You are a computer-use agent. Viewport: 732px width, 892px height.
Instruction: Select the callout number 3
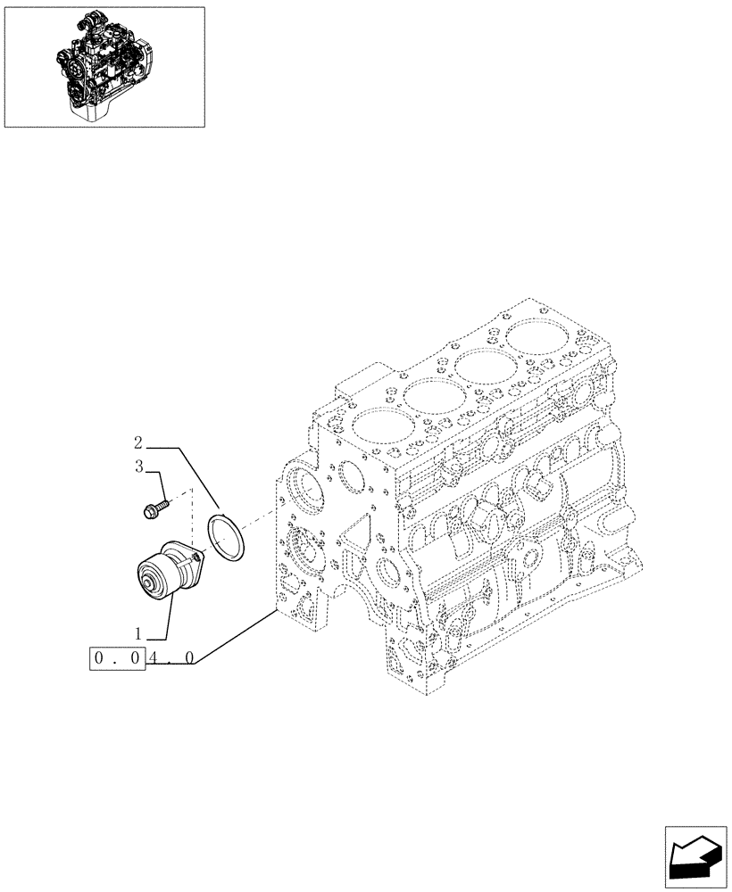pyautogui.click(x=139, y=466)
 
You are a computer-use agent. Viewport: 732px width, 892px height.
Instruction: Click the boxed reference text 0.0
pyautogui.click(x=118, y=660)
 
